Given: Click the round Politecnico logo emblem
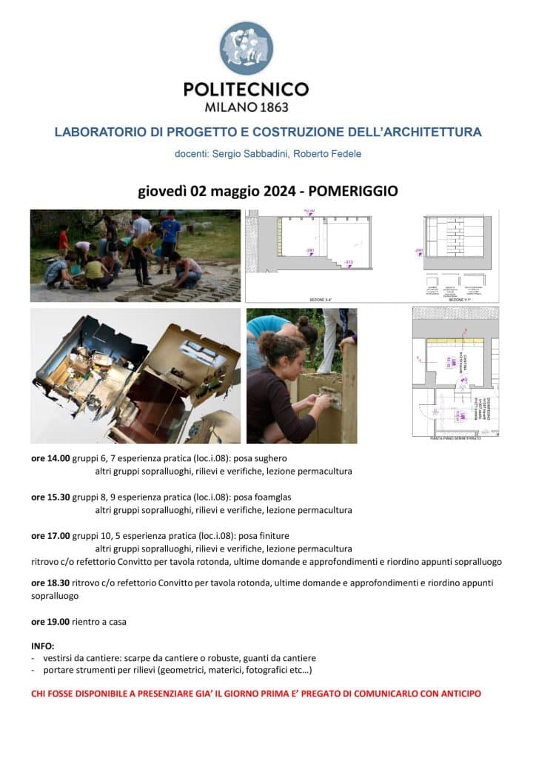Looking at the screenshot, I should [246, 48].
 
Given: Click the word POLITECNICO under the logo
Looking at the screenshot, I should [246, 90].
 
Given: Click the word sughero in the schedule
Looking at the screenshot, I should [270, 458].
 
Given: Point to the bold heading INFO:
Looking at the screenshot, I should [43, 645].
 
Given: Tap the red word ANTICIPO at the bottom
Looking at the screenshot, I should [458, 694].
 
